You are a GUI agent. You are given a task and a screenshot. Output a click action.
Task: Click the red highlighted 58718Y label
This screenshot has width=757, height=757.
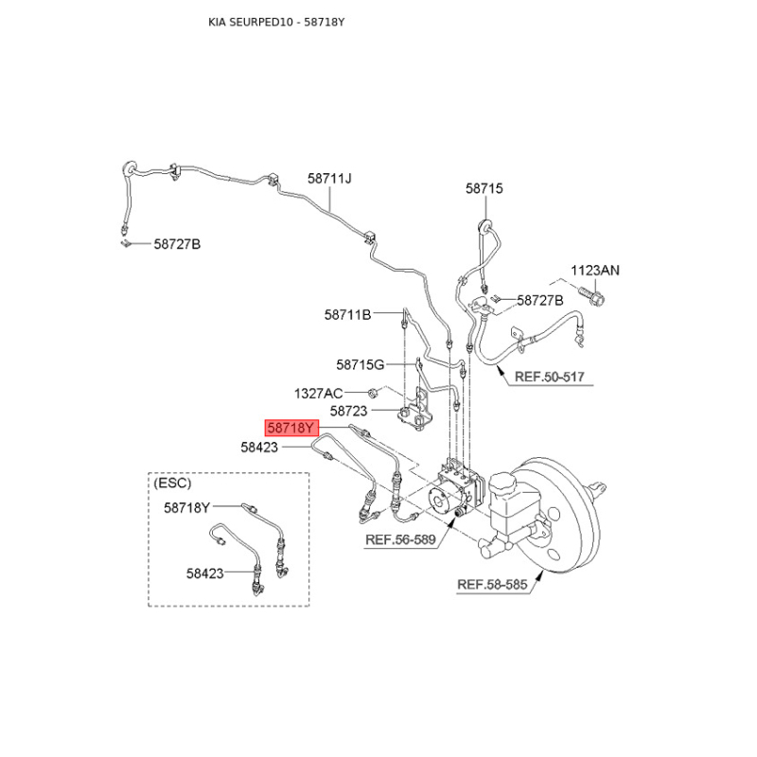(291, 428)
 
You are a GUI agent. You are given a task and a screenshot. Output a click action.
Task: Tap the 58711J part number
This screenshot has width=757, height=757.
(329, 179)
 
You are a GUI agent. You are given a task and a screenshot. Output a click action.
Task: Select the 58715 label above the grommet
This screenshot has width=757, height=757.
(484, 188)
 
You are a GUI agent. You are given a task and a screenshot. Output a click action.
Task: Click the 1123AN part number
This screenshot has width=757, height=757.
(595, 271)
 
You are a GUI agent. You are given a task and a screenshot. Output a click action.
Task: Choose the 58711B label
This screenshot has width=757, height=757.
(347, 315)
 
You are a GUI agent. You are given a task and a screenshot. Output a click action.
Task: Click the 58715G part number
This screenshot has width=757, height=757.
(361, 364)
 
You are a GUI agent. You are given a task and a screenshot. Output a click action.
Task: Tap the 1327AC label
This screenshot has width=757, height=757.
(319, 394)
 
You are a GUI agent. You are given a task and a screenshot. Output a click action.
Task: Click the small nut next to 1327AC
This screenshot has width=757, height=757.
(372, 393)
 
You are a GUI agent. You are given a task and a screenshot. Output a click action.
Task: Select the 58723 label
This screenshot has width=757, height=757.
(348, 411)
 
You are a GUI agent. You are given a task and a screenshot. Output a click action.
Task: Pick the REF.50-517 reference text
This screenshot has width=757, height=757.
(550, 377)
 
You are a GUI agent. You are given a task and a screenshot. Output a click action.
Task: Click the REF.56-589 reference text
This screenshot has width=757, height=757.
(400, 539)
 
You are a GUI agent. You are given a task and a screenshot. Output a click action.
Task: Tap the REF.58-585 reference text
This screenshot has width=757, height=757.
(492, 585)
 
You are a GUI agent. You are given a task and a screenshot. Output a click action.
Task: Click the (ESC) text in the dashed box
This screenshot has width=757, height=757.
(172, 483)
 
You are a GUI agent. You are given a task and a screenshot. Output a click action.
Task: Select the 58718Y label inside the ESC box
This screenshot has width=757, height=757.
(186, 507)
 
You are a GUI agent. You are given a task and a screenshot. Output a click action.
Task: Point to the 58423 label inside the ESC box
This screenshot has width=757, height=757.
(205, 573)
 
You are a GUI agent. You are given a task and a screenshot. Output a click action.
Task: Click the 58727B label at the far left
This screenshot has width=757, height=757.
(177, 244)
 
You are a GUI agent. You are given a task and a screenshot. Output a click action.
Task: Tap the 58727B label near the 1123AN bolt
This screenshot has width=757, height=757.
(540, 301)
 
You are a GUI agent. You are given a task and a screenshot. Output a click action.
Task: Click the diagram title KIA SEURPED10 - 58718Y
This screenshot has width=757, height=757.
(276, 22)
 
